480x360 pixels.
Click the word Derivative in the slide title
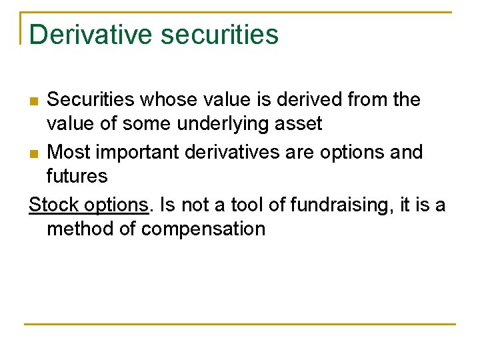(x=90, y=35)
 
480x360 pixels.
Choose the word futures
(x=77, y=177)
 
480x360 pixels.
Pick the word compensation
(x=203, y=229)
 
